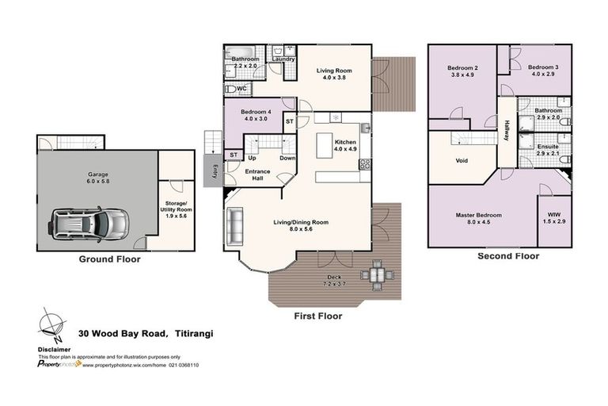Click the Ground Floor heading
coord(109,259)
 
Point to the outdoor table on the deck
coord(374,275)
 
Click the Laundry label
coord(283,59)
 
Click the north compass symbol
coord(50,324)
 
